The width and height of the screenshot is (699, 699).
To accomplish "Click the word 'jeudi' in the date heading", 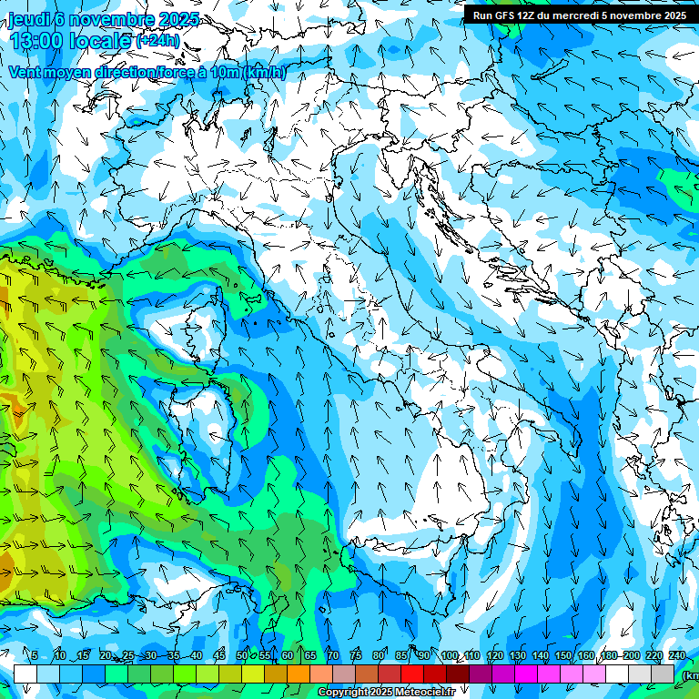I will tap(28, 19).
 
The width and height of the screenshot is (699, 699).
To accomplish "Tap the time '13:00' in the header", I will tap(37, 41).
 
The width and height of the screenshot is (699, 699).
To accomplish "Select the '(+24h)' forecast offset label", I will tap(157, 41).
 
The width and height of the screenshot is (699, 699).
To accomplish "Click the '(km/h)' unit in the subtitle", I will tap(264, 72).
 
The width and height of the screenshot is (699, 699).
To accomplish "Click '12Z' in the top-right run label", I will tap(533, 15).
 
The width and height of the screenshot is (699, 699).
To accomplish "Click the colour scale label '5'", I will tap(35, 656).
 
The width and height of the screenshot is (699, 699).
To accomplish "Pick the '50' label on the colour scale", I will tap(241, 656).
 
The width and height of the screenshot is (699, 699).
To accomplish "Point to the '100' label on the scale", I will tap(449, 656).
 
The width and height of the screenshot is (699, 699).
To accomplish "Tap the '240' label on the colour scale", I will tap(677, 656).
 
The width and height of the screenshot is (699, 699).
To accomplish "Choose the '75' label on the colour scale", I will tap(356, 656).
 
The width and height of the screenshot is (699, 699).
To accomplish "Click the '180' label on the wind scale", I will tap(609, 656).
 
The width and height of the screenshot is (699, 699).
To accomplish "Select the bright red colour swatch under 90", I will tap(412, 674).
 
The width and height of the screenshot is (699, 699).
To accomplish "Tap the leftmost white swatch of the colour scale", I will tap(25, 674).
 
